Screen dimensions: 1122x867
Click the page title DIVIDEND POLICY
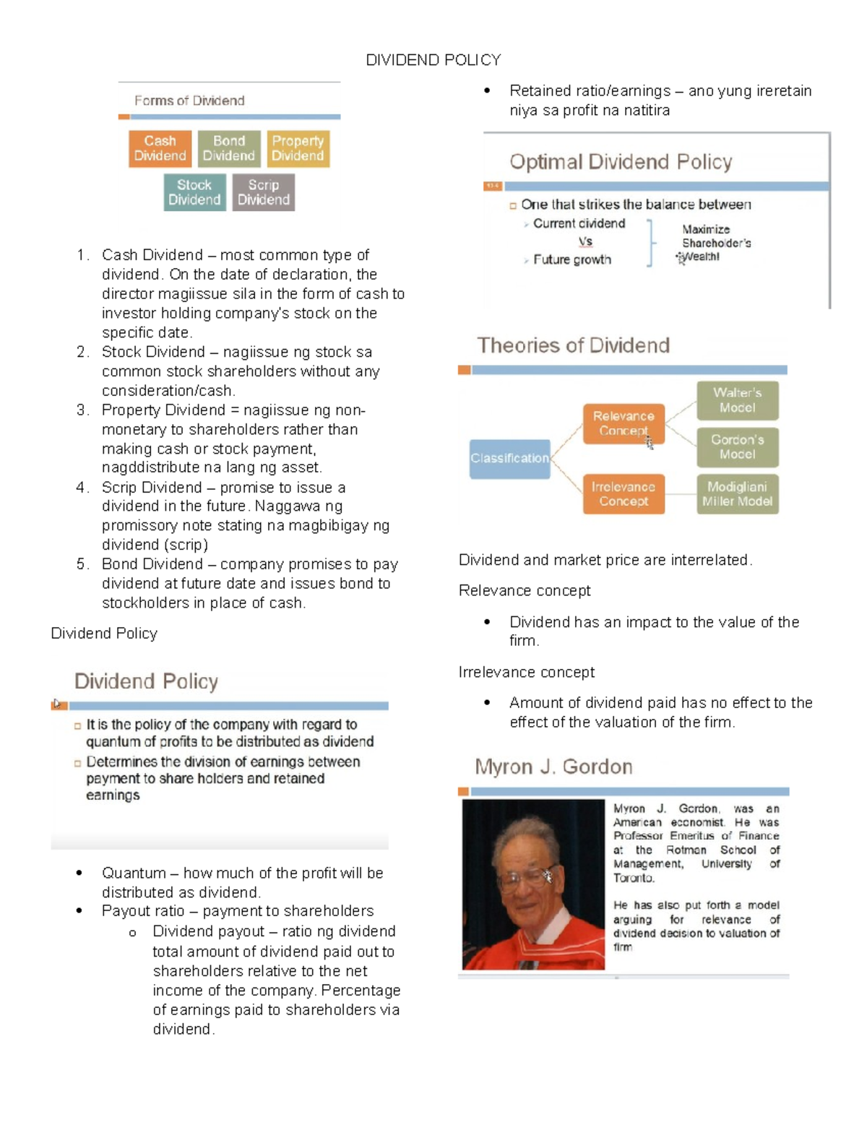click(433, 60)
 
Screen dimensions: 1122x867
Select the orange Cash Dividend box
click(160, 149)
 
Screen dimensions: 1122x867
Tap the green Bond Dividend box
click(228, 149)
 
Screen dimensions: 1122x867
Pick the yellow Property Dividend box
click(298, 149)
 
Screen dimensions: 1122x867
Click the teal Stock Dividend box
click(194, 192)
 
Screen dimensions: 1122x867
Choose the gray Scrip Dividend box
click(263, 192)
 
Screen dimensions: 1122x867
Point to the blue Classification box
click(509, 459)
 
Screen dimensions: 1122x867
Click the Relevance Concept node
click(624, 423)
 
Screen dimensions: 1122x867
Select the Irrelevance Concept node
click(624, 494)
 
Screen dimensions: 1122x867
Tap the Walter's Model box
click(737, 400)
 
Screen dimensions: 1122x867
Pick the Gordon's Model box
click(737, 447)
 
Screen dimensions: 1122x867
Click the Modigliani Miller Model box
click(737, 494)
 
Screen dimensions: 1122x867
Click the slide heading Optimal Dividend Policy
click(621, 162)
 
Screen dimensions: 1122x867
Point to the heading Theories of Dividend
click(573, 345)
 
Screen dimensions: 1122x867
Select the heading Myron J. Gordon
click(553, 767)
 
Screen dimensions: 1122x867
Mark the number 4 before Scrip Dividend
click(81, 488)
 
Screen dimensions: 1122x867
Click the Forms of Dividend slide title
click(189, 100)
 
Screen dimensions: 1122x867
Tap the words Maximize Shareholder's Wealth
click(715, 243)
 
